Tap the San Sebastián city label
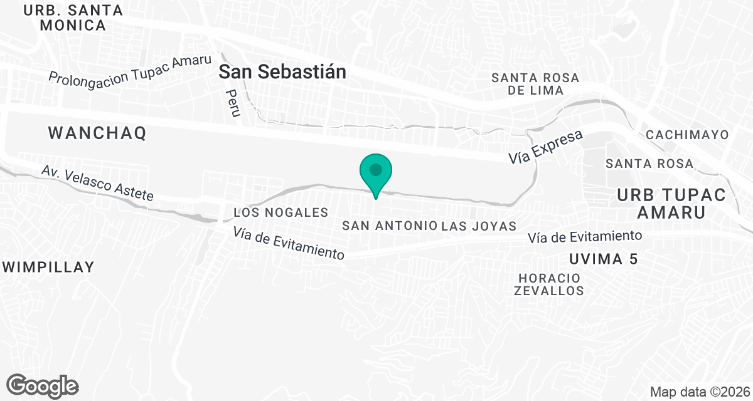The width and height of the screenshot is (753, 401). coord(282,72)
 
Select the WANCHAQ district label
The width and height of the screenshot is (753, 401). coord(97,133)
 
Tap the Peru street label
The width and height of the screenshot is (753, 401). coord(233,103)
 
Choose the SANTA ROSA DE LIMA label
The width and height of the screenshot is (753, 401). coord(535,84)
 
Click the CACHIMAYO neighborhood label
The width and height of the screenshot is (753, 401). coord(687,135)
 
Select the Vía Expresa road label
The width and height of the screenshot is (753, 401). coord(546,148)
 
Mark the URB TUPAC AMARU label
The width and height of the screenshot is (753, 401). coord(671,204)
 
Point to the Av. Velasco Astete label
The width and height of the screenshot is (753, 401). coord(97,183)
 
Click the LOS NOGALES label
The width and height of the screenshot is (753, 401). coord(280,213)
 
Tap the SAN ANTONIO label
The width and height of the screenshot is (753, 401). coord(390,226)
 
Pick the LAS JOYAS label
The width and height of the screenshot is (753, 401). coord(479,226)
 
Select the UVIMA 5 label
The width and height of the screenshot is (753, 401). coord(603,259)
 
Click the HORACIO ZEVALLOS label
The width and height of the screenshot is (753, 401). coord(549,284)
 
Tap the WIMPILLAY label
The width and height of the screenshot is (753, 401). coord(48,267)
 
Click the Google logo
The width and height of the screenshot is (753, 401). coord(43,385)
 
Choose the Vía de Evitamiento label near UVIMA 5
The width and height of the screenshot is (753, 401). coord(585,237)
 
